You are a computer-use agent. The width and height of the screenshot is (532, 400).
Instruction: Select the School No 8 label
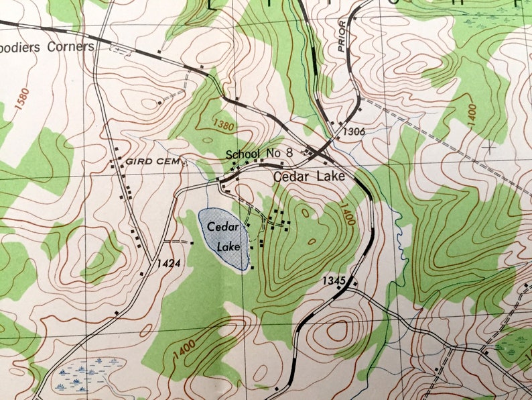(259, 154)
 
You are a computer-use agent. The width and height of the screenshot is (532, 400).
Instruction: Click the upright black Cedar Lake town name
(309, 177)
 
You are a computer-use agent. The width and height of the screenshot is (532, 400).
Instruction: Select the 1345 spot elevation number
(333, 279)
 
